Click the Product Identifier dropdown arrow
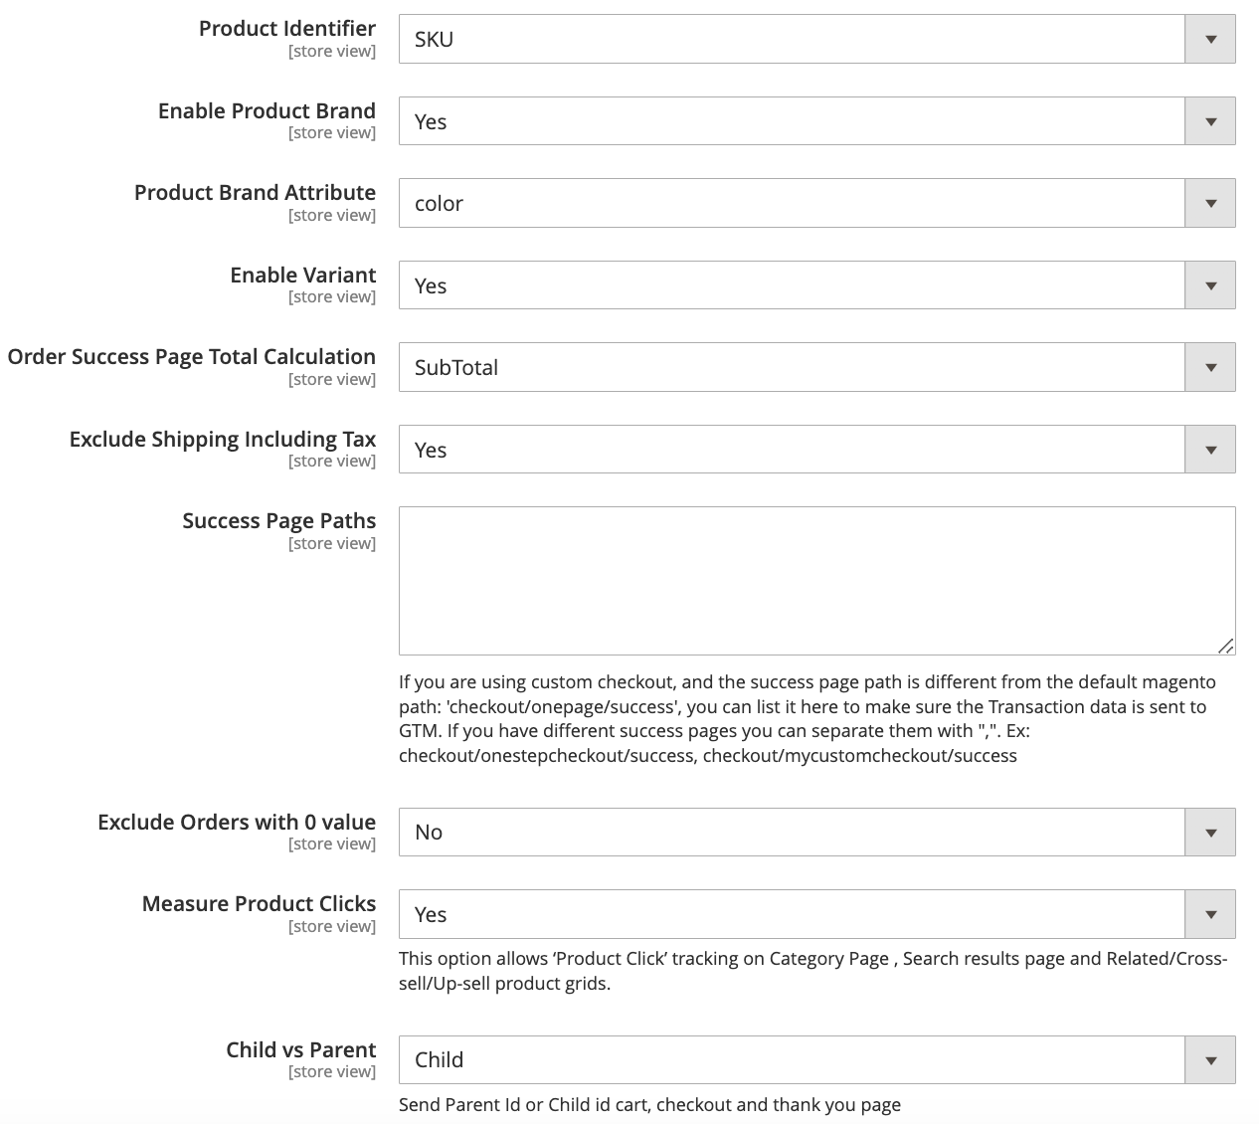1210,40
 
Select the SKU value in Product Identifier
435,40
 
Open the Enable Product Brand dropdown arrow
1210,121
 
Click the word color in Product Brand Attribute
439,204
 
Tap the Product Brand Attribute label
255,193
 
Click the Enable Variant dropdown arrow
1210,285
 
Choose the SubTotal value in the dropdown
456,368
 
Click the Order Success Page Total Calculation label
192,357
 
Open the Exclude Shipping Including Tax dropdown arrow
1210,450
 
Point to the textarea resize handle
1226,647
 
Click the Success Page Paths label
278,521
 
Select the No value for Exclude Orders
429,833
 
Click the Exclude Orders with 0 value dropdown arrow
1210,833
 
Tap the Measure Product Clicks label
259,904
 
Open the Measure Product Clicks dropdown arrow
1210,914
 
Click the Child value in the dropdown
439,1060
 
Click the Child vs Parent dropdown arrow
1210,1060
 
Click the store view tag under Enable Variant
332,297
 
